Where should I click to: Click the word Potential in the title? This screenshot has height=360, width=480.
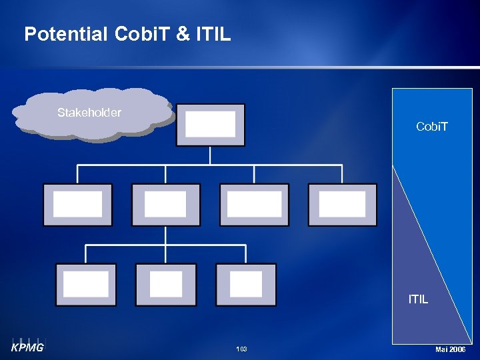tap(65, 34)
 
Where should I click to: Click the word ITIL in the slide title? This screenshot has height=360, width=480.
tap(213, 34)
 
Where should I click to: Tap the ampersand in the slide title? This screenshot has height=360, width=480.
tap(182, 34)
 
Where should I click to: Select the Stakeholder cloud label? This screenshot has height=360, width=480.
tap(89, 113)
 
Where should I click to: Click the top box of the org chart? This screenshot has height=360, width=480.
tap(210, 125)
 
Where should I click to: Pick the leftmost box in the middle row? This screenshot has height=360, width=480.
tap(77, 205)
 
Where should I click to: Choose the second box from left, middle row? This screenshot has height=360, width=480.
tap(165, 205)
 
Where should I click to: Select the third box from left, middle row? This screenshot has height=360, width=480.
tap(254, 205)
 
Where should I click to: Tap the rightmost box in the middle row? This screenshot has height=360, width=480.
tap(342, 205)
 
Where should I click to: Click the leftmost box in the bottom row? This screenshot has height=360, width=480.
tap(85, 285)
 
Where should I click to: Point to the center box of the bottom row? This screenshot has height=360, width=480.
tap(165, 285)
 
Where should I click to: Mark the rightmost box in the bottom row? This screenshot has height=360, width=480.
tap(245, 285)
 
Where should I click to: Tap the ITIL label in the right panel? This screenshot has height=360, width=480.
tap(418, 299)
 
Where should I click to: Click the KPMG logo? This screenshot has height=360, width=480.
tap(27, 345)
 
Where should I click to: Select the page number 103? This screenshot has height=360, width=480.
tap(241, 349)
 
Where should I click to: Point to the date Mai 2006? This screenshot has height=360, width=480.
tap(450, 349)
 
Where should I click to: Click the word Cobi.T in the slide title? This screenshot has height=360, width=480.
tap(141, 34)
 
